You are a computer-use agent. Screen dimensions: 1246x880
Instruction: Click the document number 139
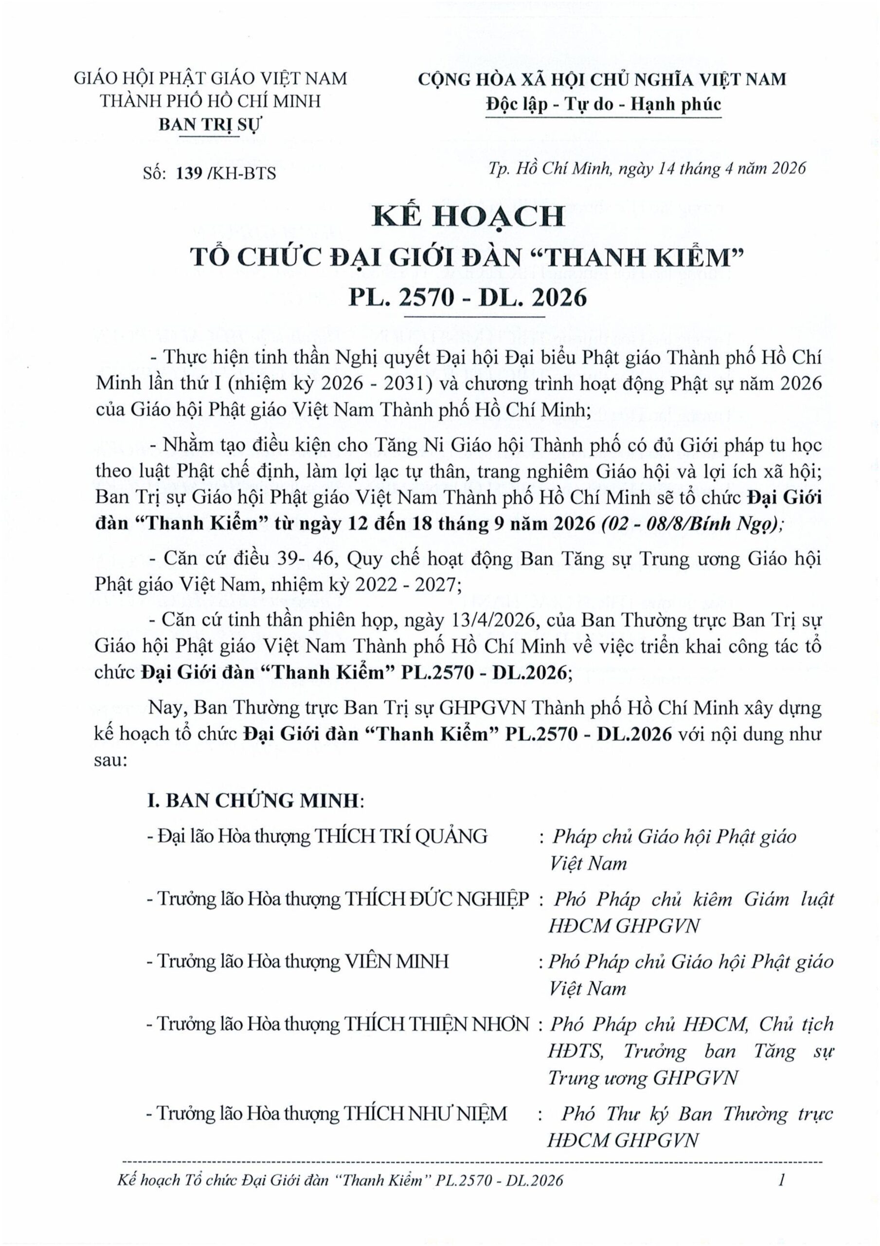click(x=189, y=173)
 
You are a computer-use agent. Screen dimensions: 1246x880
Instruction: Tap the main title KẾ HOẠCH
click(x=467, y=217)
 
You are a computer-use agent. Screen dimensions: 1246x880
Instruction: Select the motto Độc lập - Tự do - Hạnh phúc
click(x=603, y=104)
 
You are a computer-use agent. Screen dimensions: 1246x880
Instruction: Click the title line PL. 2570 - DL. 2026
click(x=467, y=297)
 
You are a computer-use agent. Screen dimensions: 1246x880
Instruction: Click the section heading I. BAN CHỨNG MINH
click(x=253, y=801)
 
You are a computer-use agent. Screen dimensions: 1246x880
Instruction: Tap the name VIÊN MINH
click(x=397, y=961)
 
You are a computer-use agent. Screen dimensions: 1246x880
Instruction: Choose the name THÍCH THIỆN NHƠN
click(x=437, y=1024)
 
